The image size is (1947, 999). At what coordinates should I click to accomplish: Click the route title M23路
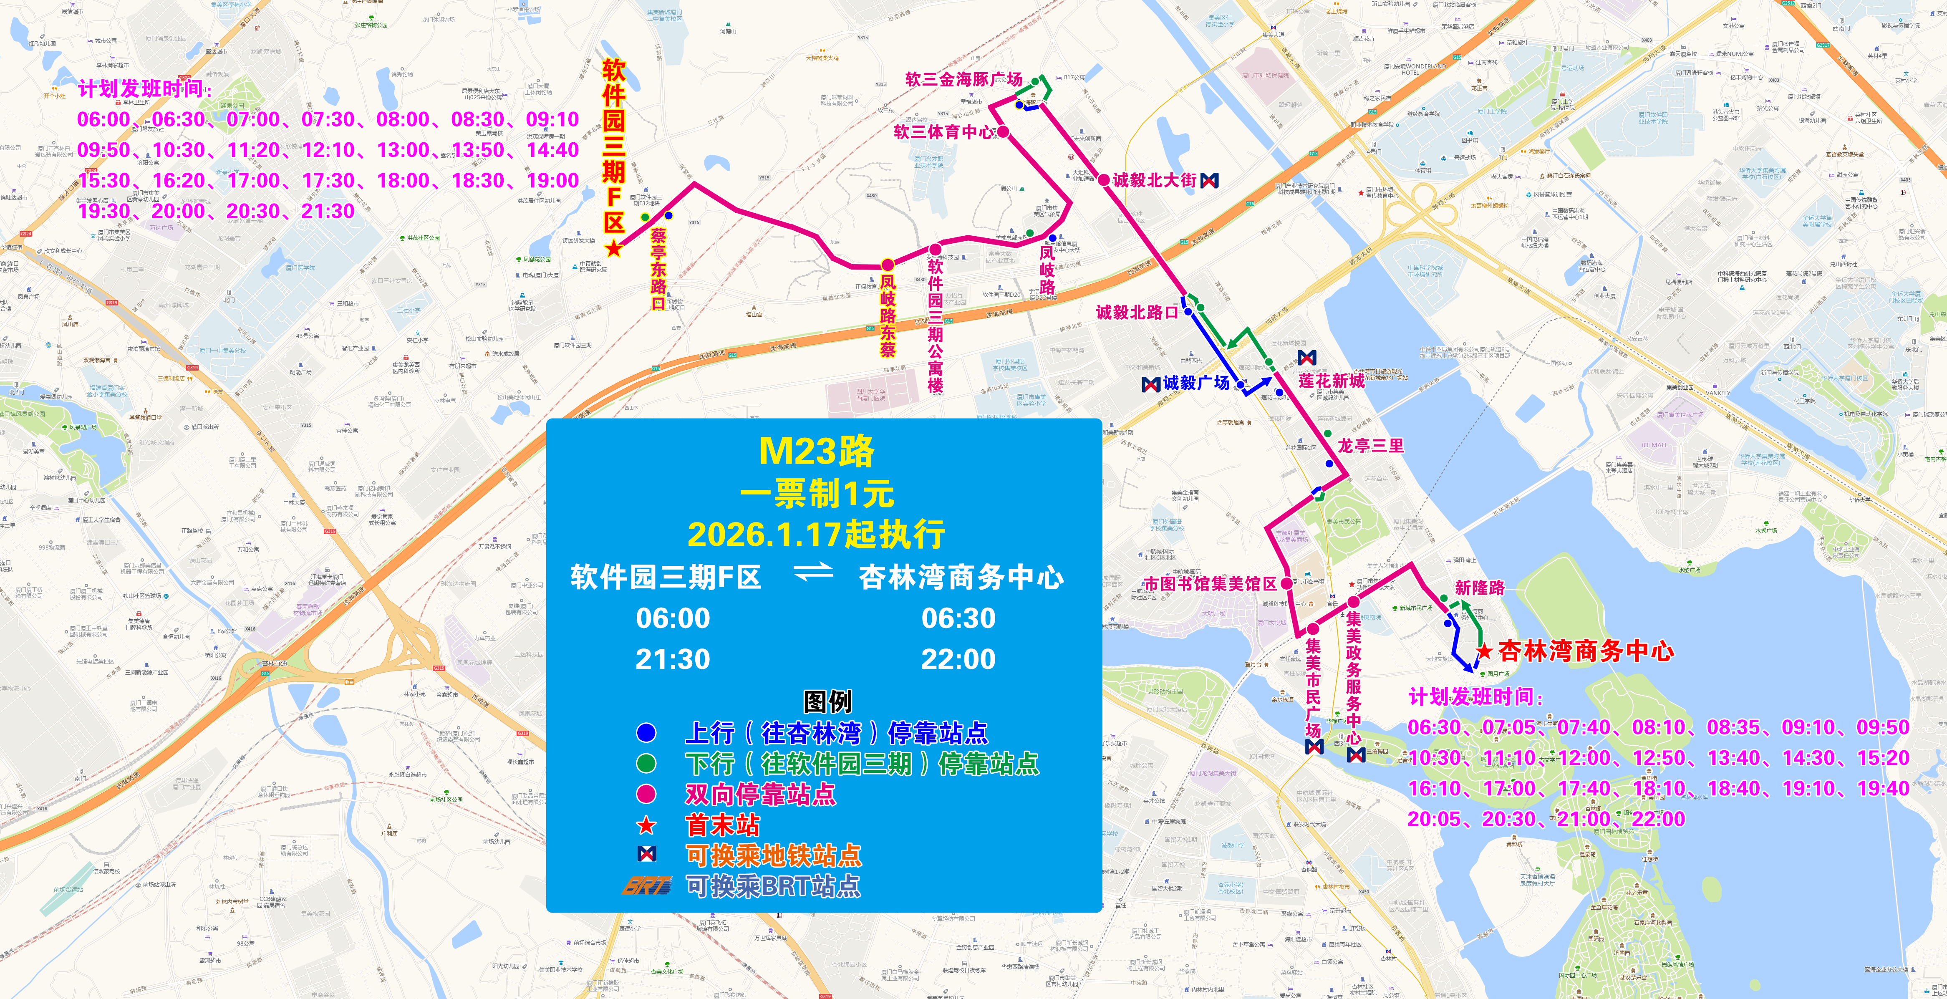pos(816,452)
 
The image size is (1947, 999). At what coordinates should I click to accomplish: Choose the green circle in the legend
pos(646,763)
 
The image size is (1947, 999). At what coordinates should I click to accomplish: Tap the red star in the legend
pos(646,825)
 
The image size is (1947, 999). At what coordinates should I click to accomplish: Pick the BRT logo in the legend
pos(646,885)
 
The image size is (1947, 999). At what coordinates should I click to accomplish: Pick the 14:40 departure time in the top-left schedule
pos(552,150)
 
